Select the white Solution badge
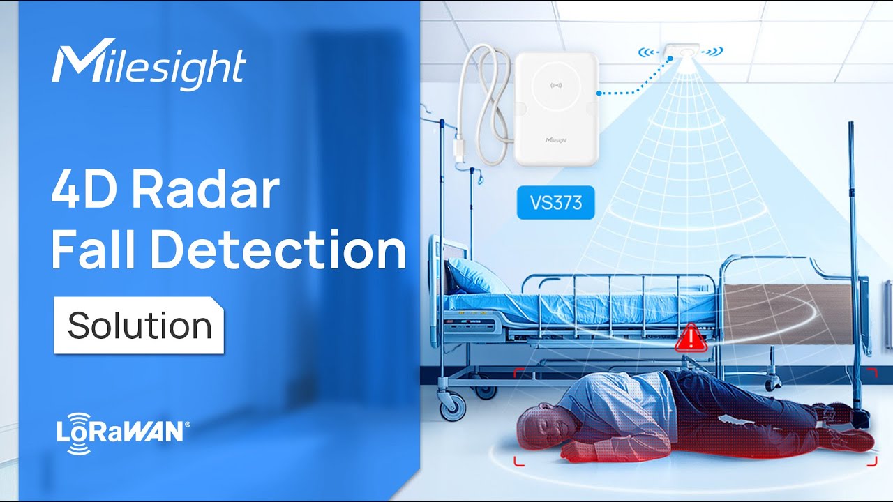tap(139, 325)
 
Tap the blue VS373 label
tap(556, 202)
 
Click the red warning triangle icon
tap(691, 338)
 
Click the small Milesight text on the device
tap(556, 140)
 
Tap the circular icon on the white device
tap(556, 85)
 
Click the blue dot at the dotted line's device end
tap(599, 93)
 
